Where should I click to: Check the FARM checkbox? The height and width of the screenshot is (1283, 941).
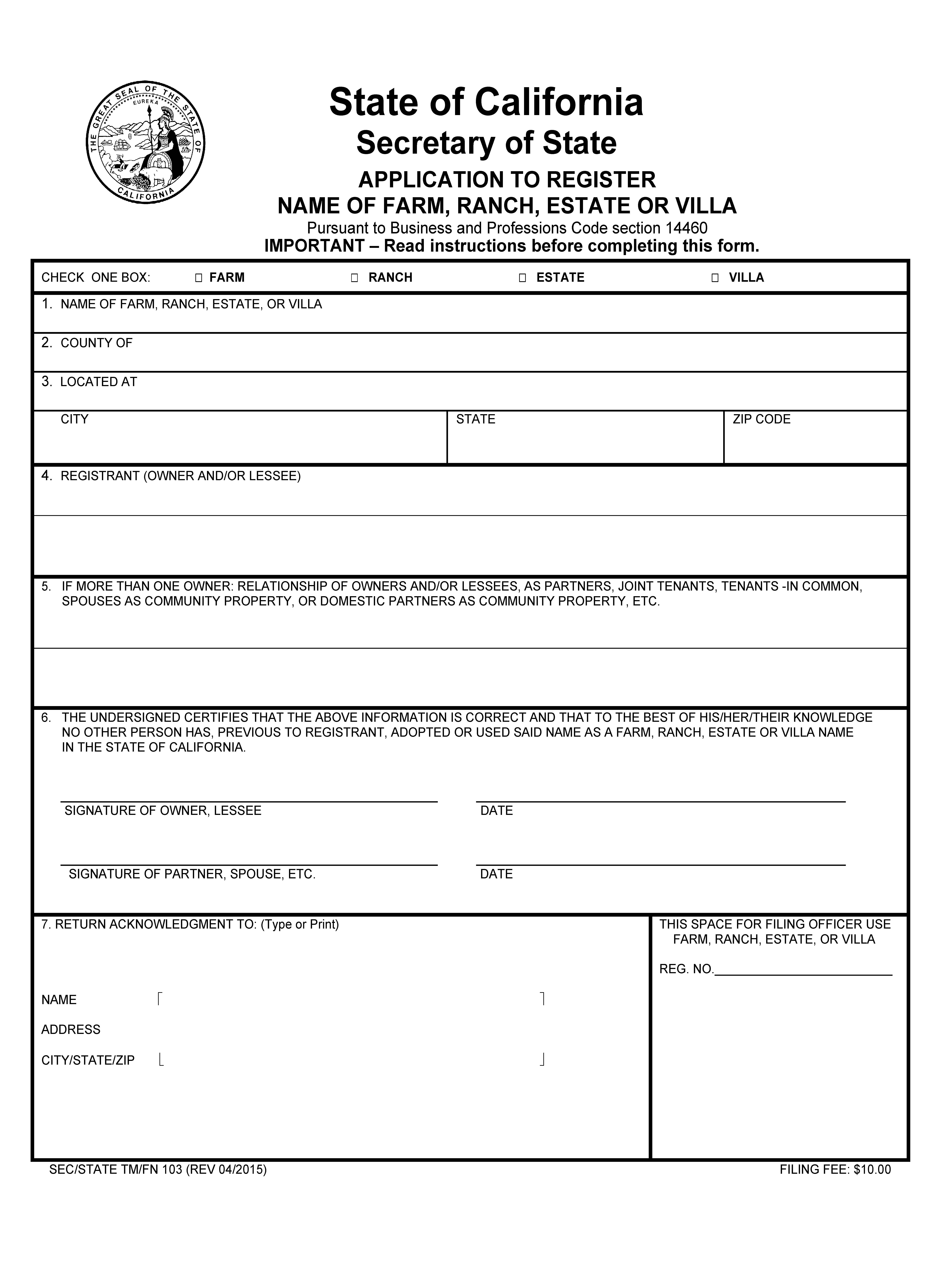coord(198,278)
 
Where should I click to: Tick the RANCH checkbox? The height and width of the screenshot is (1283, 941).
coord(354,278)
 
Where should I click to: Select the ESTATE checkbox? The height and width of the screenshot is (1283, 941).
coord(522,278)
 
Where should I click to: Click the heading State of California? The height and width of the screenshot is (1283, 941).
coord(486,103)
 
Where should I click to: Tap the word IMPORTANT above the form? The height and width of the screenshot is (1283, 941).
coord(314,246)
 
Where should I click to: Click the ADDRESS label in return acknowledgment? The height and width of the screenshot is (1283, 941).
coord(71,1030)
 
